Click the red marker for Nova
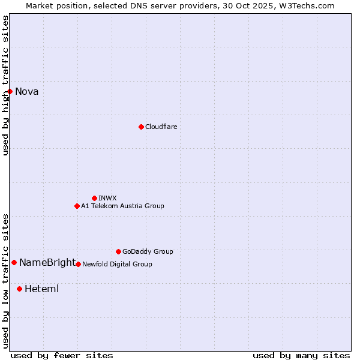click(x=10, y=91)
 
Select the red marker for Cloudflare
click(x=141, y=127)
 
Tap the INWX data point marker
click(x=94, y=198)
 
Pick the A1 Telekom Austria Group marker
click(x=77, y=206)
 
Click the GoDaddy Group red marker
click(x=118, y=251)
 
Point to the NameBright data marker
click(x=14, y=262)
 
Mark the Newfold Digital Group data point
click(x=78, y=264)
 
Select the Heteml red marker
click(x=19, y=289)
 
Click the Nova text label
click(x=27, y=92)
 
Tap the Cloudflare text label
click(x=161, y=127)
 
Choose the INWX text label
click(x=107, y=198)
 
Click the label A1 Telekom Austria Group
click(x=122, y=206)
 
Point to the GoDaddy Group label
click(x=148, y=251)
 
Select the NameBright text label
click(x=47, y=262)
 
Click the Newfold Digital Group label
click(x=117, y=264)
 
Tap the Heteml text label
click(x=41, y=289)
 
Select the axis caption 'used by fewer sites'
click(x=62, y=355)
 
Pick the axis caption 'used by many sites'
click(x=301, y=355)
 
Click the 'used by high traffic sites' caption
click(x=6, y=85)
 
